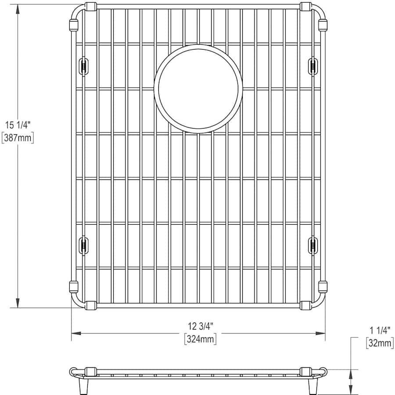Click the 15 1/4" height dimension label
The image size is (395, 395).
[x=18, y=125]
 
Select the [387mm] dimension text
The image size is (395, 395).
[x=18, y=138]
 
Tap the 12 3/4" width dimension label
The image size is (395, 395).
[x=201, y=326]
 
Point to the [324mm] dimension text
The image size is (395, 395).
[x=201, y=339]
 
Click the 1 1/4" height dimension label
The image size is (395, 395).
[x=380, y=330]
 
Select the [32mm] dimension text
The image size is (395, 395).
[x=380, y=343]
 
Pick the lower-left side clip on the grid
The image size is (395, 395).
[x=84, y=245]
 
